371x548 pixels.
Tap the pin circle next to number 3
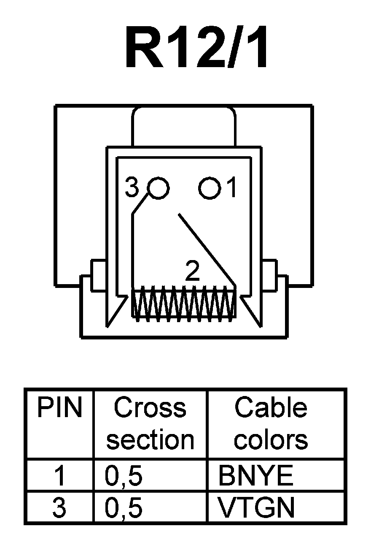pos(159,187)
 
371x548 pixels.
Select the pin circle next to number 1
pos(210,187)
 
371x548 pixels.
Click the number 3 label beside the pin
pos(132,188)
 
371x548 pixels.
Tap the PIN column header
pos(59,408)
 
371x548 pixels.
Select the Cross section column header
pos(150,423)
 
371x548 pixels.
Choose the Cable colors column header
pos(271,423)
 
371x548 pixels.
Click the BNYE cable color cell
pos(255,476)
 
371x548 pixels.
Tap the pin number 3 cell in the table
pos(59,508)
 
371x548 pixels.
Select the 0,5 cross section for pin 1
pos(124,476)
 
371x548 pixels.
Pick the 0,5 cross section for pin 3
pos(124,508)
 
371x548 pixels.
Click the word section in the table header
pos(150,439)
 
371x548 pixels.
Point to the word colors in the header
pos(271,439)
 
